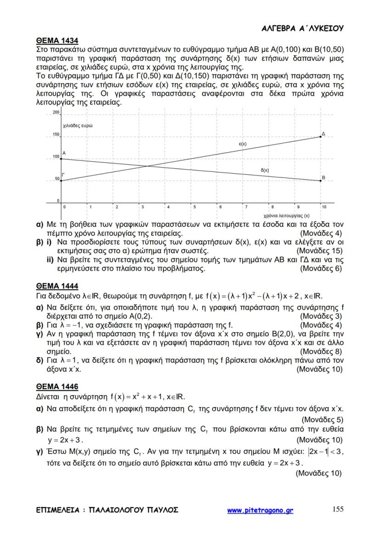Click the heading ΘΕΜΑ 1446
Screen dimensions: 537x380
pyautogui.click(x=54, y=387)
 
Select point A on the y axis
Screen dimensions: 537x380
pyautogui.click(x=62, y=159)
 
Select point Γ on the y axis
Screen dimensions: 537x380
pyautogui.click(x=62, y=181)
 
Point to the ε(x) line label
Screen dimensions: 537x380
pyautogui.click(x=243, y=144)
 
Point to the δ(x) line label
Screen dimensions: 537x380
pyautogui.click(x=265, y=170)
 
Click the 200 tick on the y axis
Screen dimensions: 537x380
pyautogui.click(x=56, y=112)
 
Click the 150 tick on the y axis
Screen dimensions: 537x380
pyautogui.click(x=56, y=135)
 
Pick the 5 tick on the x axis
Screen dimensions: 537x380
pyautogui.click(x=194, y=207)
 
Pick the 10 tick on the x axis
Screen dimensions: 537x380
pyautogui.click(x=324, y=207)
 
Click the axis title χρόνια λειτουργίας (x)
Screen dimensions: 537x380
pyautogui.click(x=286, y=215)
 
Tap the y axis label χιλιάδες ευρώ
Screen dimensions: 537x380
pyautogui.click(x=78, y=125)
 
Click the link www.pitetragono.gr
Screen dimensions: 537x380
pyautogui.click(x=260, y=510)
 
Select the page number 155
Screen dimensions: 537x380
pyautogui.click(x=337, y=509)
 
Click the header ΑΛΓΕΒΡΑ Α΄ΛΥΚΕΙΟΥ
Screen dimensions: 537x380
pyautogui.click(x=302, y=28)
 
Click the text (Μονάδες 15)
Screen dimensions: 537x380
pyautogui.click(x=319, y=251)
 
